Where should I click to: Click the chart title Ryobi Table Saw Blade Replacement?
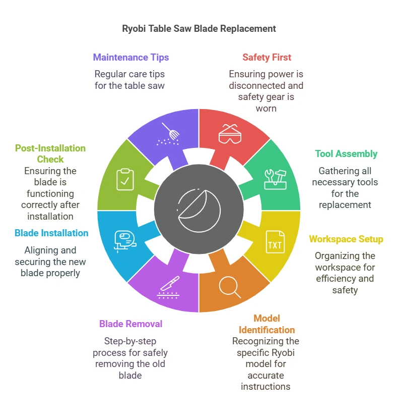tap(199, 29)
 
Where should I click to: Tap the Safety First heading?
tap(267, 58)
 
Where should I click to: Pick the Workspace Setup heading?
tap(346, 239)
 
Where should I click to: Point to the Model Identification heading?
tap(267, 324)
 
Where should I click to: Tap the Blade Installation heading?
tap(51, 233)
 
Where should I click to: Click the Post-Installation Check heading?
tap(50, 153)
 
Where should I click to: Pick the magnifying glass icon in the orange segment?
tap(229, 288)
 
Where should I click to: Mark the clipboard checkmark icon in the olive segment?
tap(125, 179)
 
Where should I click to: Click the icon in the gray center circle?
tap(199, 210)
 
